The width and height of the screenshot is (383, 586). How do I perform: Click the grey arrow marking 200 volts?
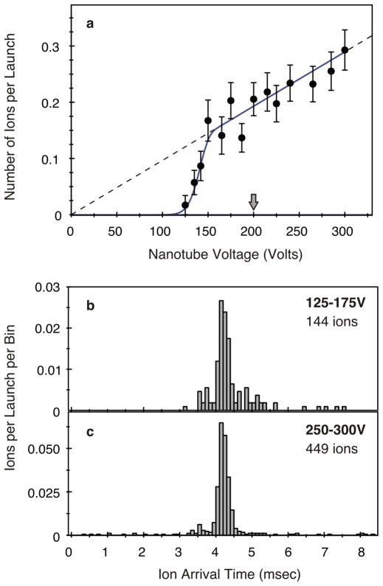coord(253,201)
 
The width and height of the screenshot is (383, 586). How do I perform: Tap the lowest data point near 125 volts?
coord(185,205)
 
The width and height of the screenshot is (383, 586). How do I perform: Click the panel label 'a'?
coord(89,24)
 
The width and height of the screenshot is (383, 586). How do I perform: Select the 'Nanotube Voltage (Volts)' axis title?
coord(221,252)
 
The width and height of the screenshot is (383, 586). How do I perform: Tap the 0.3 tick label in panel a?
coord(54,46)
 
